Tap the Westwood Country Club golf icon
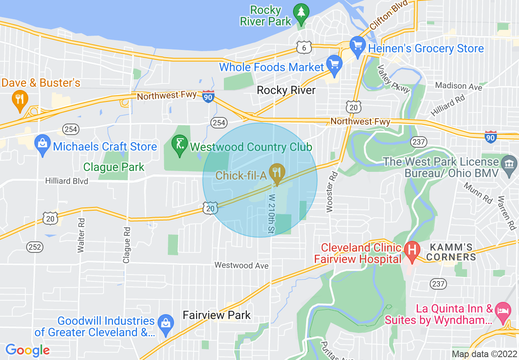pyautogui.click(x=179, y=145)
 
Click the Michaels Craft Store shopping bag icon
pyautogui.click(x=43, y=145)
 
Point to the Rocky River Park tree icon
pyautogui.click(x=301, y=13)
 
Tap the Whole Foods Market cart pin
pyautogui.click(x=334, y=65)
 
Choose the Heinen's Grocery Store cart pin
pyautogui.click(x=358, y=46)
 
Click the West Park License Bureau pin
pyautogui.click(x=509, y=165)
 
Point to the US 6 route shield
pyautogui.click(x=305, y=48)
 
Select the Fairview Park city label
pyautogui.click(x=217, y=315)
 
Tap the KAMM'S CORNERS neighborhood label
pyautogui.click(x=452, y=252)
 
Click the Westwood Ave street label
pyautogui.click(x=241, y=265)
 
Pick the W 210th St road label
pyautogui.click(x=271, y=214)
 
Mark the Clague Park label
pyautogui.click(x=114, y=167)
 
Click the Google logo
pyautogui.click(x=27, y=350)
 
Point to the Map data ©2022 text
pyautogui.click(x=485, y=354)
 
